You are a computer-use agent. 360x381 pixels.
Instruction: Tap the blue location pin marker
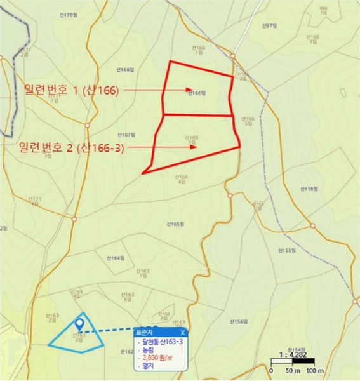coord(79,324)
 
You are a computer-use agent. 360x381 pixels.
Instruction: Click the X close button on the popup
coord(183,332)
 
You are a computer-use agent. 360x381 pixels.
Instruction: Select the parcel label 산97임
coord(270,25)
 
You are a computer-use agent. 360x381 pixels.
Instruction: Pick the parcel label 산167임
coord(127,135)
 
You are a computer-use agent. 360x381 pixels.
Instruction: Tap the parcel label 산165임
coord(175,224)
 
